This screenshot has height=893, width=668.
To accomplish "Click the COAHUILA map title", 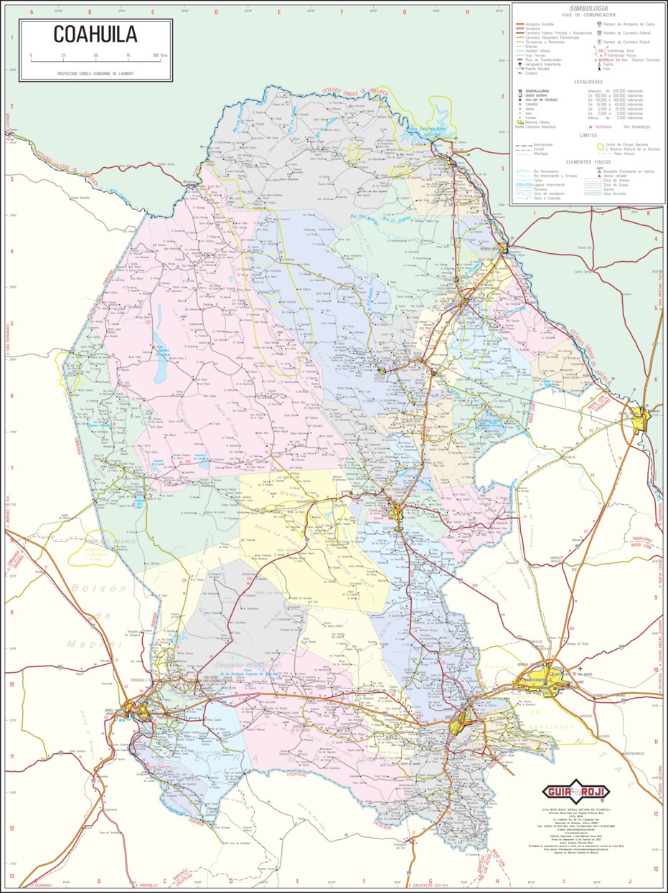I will tap(95, 34).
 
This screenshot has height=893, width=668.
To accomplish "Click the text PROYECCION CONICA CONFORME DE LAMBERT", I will tap(95, 73).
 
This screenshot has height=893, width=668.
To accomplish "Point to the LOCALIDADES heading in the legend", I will tap(588, 82).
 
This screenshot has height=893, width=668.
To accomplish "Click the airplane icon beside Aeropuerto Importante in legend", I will tap(519, 65).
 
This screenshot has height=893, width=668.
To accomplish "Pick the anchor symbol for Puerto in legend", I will tap(598, 65).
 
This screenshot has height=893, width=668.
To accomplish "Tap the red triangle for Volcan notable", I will tap(598, 176).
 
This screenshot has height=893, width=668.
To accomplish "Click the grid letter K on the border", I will tap(647, 212).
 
